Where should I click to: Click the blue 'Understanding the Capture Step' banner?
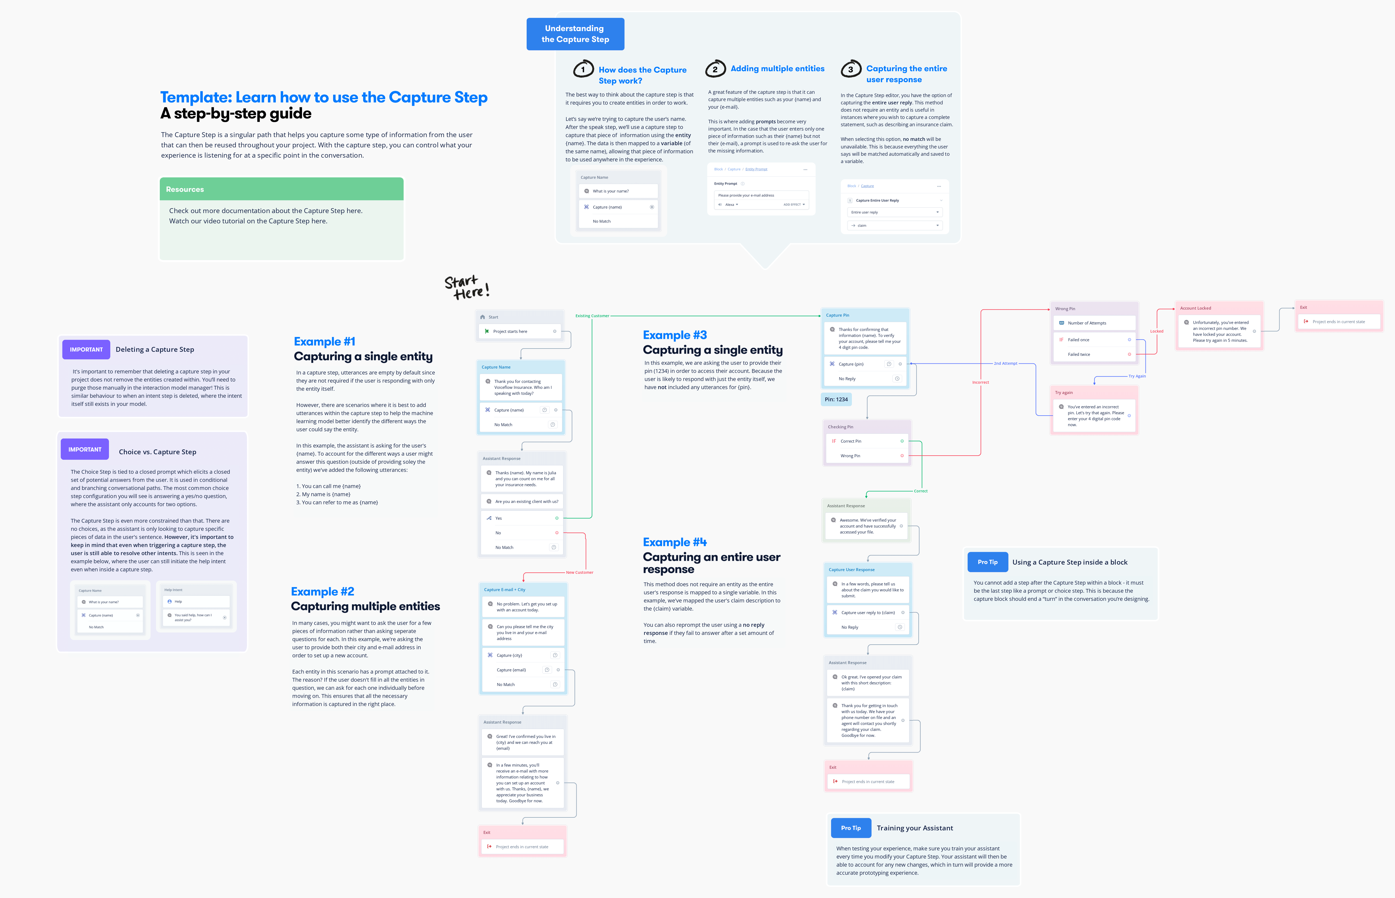click(575, 34)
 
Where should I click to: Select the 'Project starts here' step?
click(519, 331)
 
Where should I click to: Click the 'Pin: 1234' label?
click(836, 399)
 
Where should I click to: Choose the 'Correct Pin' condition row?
click(866, 441)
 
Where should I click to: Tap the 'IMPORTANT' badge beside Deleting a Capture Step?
click(86, 349)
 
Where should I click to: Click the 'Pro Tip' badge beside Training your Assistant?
click(851, 828)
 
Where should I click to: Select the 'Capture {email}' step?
click(522, 670)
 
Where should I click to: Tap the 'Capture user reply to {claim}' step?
click(868, 613)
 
